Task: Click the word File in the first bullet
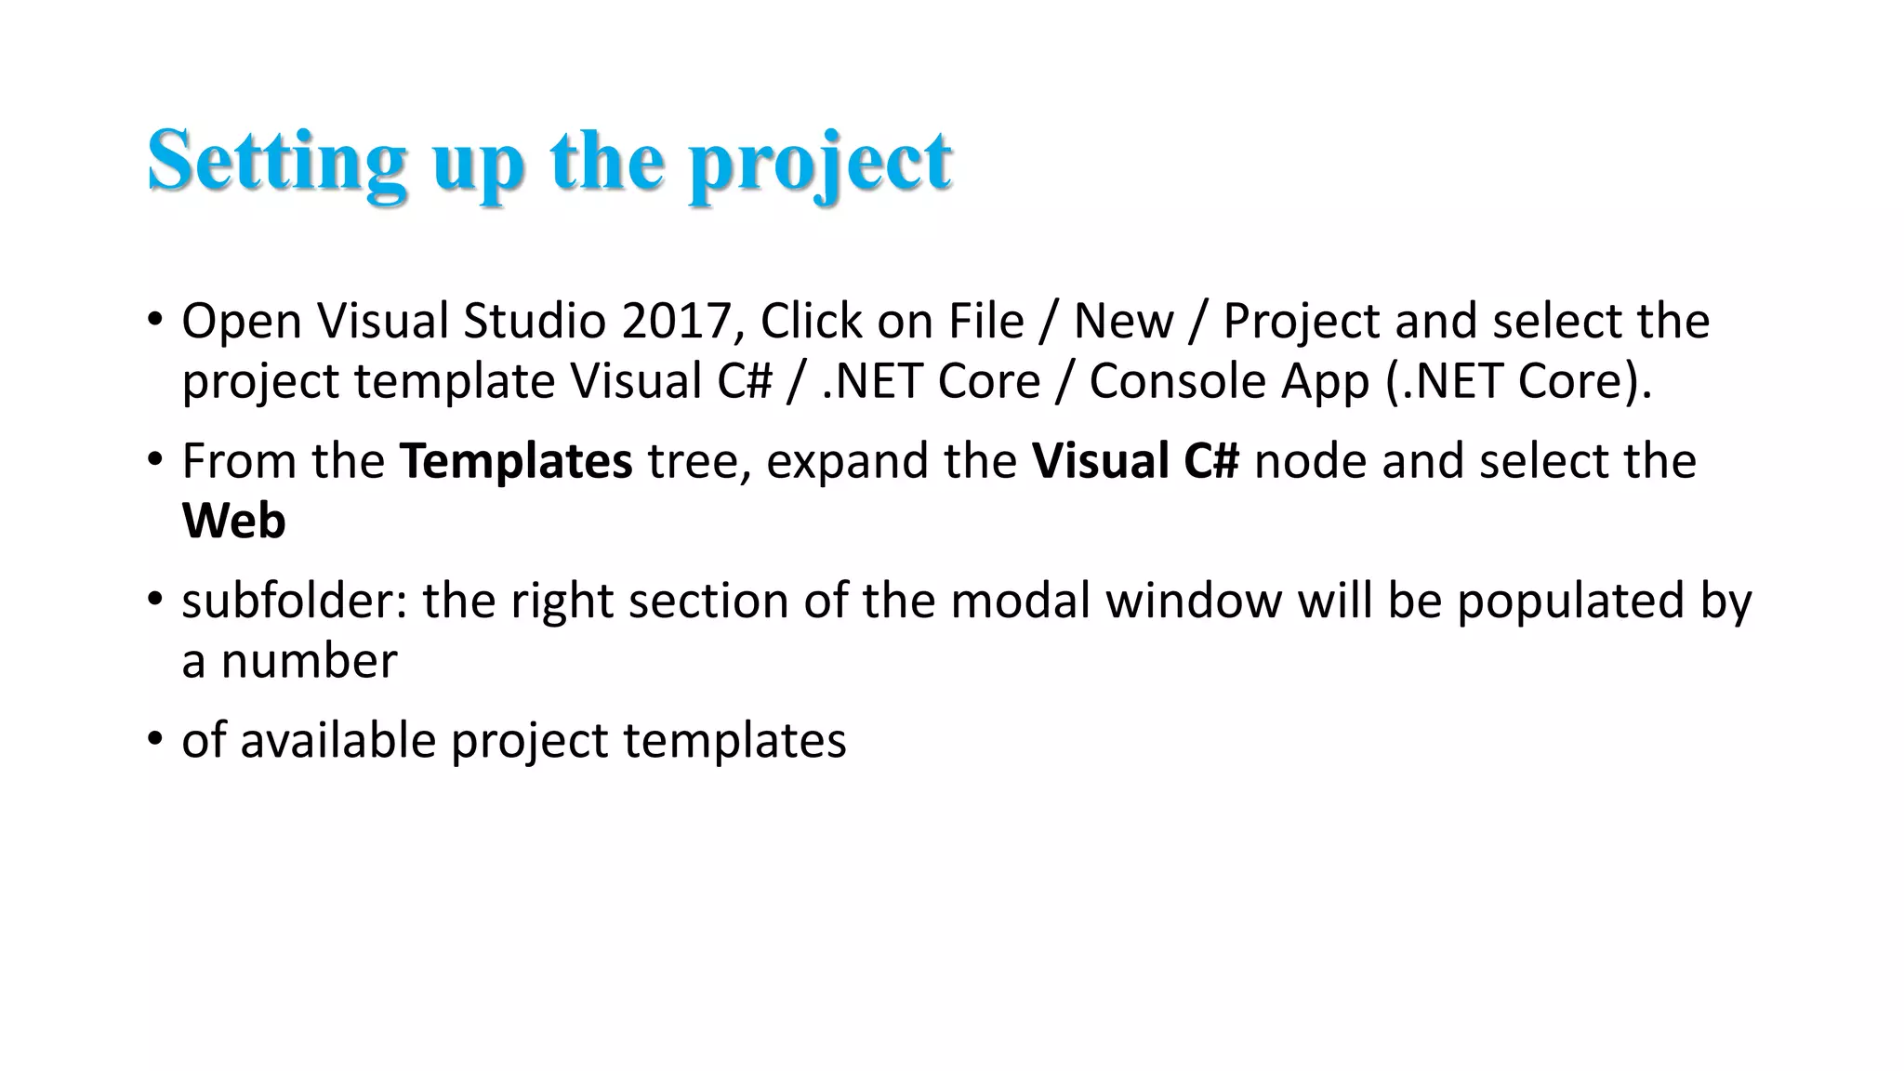click(x=985, y=322)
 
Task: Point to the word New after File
click(x=1123, y=322)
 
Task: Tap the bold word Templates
click(x=516, y=462)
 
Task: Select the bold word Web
click(x=233, y=521)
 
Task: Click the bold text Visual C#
click(x=1135, y=461)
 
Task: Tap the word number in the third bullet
click(x=309, y=662)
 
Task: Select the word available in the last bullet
click(x=337, y=741)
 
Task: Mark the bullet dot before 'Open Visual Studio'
click(x=154, y=319)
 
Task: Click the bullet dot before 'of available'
click(x=154, y=739)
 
